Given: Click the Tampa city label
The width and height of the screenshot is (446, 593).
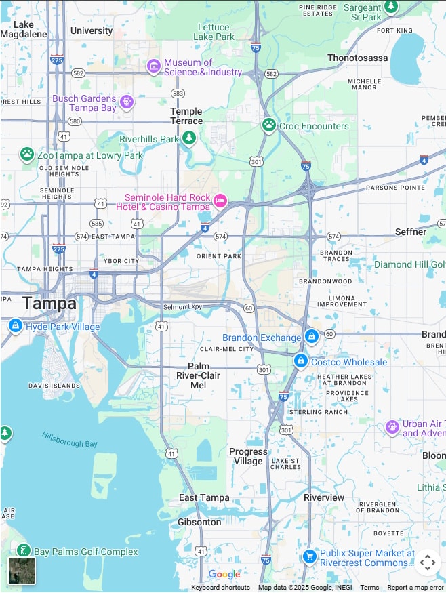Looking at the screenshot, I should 49,304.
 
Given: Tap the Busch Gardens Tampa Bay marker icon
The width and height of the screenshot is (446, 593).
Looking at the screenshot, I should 127,102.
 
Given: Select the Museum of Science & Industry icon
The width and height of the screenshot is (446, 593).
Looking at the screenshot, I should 154,66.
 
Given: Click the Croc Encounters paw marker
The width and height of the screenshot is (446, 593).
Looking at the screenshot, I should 269,125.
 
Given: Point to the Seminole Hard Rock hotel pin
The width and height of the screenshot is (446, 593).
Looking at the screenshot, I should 220,201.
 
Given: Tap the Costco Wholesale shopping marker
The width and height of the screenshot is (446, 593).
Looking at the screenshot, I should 300,361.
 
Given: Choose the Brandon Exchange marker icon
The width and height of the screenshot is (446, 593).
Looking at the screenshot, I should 311,336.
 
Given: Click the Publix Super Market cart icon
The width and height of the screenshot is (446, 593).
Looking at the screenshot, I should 310,557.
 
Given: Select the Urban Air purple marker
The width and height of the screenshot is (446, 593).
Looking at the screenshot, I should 392,427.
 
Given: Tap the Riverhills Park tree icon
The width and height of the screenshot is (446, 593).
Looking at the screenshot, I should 189,138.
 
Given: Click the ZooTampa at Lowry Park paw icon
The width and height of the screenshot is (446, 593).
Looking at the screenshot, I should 27,155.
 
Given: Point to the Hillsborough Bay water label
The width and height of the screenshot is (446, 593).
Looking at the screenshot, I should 69,439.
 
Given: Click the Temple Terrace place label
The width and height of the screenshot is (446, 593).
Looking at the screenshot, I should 186,116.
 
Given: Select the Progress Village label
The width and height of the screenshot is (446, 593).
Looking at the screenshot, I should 248,456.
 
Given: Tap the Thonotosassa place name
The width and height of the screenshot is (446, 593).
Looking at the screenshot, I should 358,58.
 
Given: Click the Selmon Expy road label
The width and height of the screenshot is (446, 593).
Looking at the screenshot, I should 183,307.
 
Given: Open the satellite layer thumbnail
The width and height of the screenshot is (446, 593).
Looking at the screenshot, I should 22,570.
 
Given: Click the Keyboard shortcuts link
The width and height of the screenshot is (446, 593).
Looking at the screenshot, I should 220,588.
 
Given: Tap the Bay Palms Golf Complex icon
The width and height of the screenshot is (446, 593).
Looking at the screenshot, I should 23,551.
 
